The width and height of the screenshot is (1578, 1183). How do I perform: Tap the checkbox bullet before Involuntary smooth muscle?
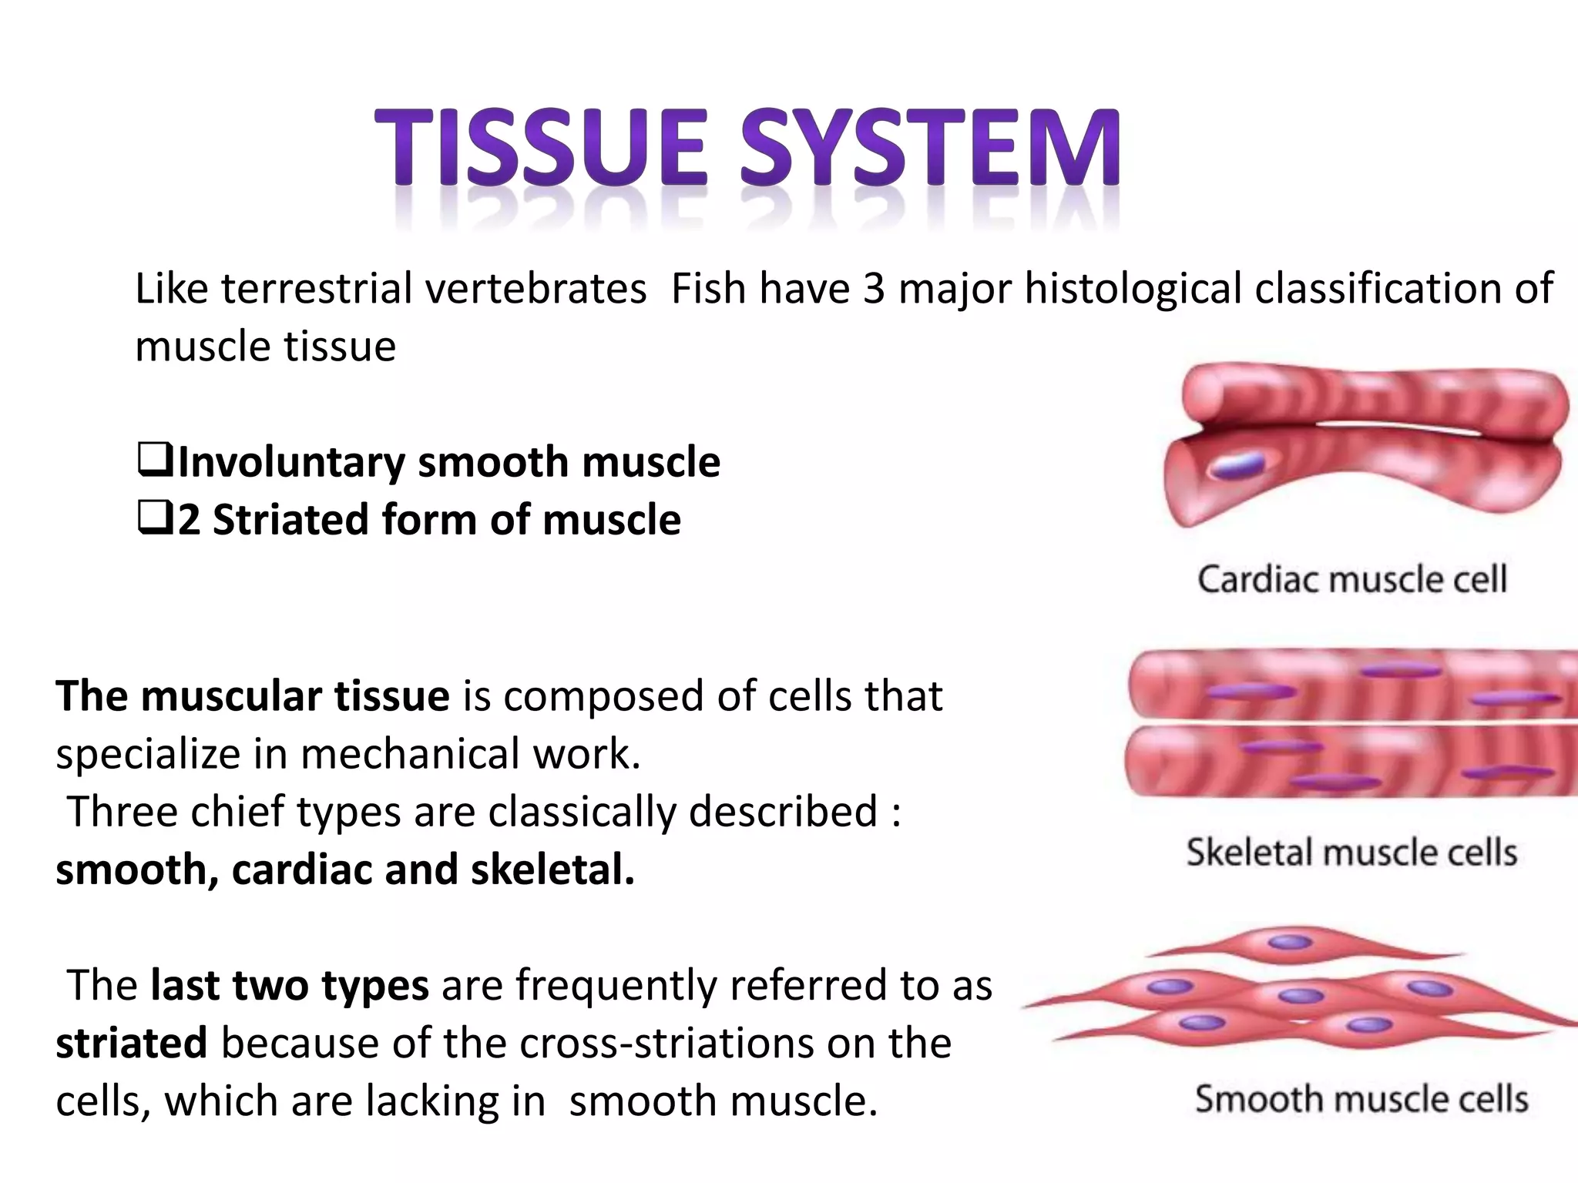click(x=156, y=462)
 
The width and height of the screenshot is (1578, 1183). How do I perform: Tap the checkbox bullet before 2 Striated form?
click(x=156, y=520)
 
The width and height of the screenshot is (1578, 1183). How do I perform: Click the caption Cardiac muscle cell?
click(x=1352, y=579)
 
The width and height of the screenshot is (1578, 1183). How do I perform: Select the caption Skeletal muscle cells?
click(x=1352, y=853)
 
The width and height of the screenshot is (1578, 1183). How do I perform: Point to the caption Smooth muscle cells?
click(x=1361, y=1099)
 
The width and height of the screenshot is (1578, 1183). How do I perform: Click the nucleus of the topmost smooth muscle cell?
click(x=1290, y=942)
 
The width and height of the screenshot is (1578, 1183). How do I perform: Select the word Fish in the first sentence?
click(x=709, y=289)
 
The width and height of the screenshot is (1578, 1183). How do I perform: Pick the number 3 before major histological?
click(x=874, y=289)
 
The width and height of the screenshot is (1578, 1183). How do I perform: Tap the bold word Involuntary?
click(x=291, y=462)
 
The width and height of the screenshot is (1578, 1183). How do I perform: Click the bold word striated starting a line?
click(x=131, y=1043)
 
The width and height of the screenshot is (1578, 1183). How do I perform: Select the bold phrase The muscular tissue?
click(x=252, y=696)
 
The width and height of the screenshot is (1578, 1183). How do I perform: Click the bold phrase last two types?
click(x=290, y=985)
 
